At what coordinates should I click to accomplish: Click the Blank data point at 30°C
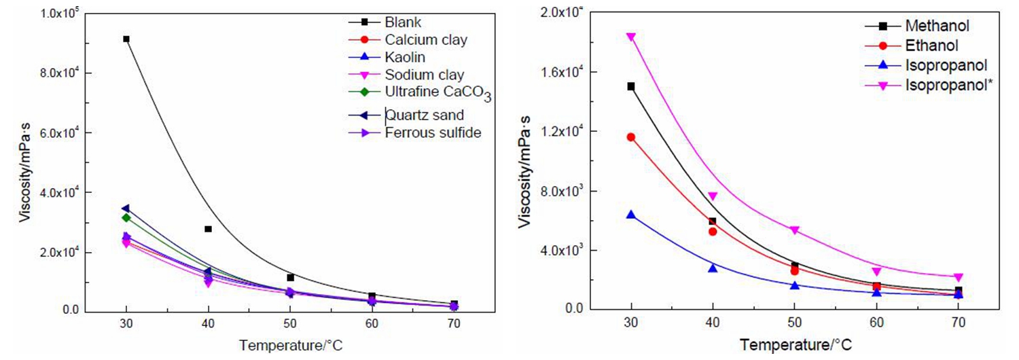(126, 39)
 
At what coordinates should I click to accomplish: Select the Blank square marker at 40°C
(208, 229)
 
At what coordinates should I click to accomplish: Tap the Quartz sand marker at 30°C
(126, 209)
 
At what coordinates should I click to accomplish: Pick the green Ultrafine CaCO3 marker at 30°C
(126, 217)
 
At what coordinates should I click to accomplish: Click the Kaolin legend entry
(404, 58)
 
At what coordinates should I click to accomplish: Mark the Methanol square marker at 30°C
(631, 86)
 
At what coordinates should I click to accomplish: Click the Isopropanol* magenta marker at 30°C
(631, 37)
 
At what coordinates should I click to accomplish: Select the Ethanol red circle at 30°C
(631, 137)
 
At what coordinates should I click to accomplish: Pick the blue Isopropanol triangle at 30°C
(631, 215)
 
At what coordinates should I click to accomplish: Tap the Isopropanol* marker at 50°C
(795, 230)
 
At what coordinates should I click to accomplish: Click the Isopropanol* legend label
(944, 85)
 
